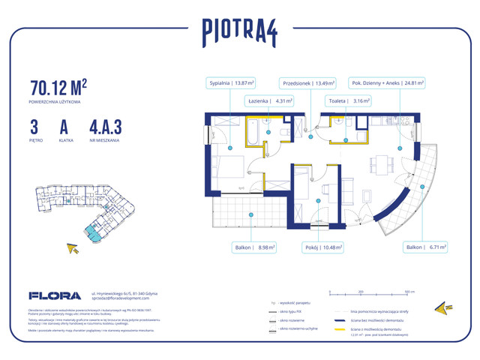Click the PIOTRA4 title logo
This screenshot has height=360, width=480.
(x=240, y=31)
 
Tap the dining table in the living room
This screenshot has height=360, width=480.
(x=381, y=163)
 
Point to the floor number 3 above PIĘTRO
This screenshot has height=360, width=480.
(x=35, y=123)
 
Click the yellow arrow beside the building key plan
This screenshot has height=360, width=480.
(x=73, y=248)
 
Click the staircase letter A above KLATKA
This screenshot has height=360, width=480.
(x=66, y=123)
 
